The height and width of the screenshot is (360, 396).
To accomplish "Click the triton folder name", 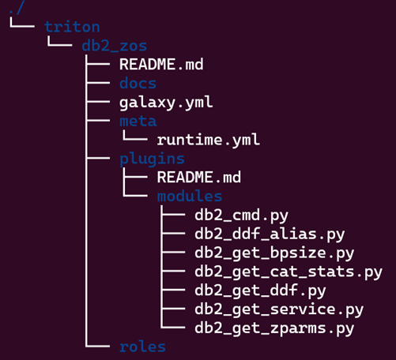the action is (72, 27).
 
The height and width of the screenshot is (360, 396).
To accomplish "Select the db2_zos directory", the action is (114, 46).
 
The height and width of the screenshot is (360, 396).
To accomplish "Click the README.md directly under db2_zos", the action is (161, 64).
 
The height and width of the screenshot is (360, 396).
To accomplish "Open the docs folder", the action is (138, 83).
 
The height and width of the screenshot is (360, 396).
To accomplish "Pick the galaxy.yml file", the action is (166, 103).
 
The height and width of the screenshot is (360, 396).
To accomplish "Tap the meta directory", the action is (138, 121).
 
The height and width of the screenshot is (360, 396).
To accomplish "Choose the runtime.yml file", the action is (209, 140).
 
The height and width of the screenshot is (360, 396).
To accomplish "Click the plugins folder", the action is (152, 159).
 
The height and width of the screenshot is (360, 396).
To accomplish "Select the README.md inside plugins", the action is (199, 177).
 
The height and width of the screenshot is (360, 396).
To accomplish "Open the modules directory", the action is (190, 196).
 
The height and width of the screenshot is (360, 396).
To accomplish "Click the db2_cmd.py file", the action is (241, 216).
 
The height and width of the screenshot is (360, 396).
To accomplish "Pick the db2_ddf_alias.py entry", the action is (270, 234).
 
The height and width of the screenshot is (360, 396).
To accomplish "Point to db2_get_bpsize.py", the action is (274, 253).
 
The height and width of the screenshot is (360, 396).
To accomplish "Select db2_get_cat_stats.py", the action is (289, 272).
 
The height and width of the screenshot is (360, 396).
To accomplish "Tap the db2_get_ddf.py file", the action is (260, 291).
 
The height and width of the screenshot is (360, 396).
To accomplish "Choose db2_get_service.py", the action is (279, 309).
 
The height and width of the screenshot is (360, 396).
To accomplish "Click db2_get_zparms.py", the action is (274, 328).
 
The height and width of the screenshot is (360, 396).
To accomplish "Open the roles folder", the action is (142, 347).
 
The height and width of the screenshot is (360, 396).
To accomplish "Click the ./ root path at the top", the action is (17, 7).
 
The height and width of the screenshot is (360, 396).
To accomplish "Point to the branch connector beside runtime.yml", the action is (135, 136).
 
